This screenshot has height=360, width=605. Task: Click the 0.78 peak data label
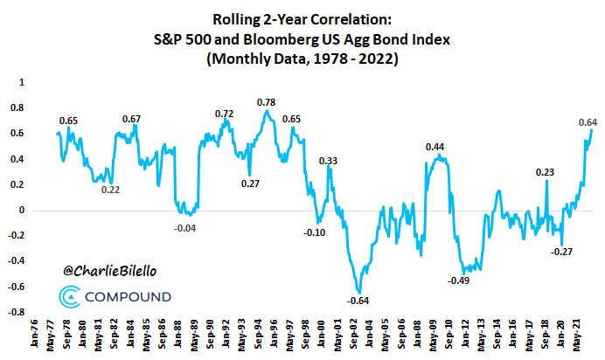[267, 103]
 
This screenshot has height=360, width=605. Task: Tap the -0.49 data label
[459, 280]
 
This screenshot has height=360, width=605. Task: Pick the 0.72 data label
[225, 114]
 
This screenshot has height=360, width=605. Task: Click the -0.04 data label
[186, 227]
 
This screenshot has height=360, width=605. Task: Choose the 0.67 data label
[132, 119]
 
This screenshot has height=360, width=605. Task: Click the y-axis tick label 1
[22, 82]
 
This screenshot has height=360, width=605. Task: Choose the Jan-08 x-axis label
[417, 338]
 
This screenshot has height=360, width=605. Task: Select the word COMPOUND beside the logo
[129, 298]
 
